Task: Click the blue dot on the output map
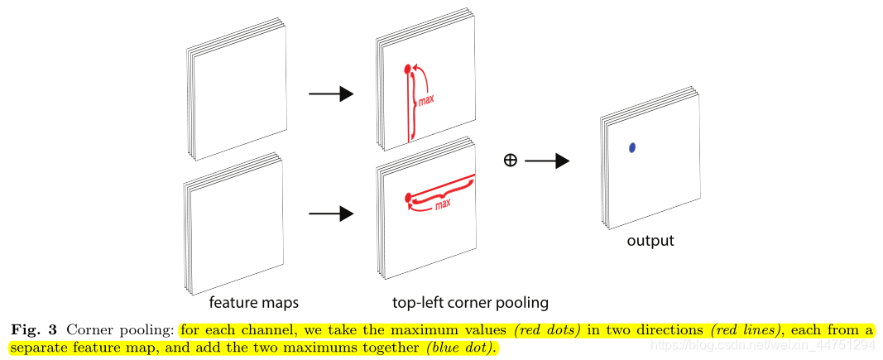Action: (x=632, y=147)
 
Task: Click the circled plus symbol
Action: (x=511, y=161)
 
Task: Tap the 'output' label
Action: (x=650, y=241)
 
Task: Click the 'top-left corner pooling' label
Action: (x=470, y=301)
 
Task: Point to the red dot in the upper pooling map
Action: (x=407, y=70)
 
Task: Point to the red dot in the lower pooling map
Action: (x=408, y=198)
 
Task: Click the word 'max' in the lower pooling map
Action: (x=443, y=203)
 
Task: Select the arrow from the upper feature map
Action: (x=330, y=94)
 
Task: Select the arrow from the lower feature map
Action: (x=330, y=214)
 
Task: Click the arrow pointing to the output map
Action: (x=547, y=161)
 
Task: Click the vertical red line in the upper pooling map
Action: (x=407, y=108)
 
